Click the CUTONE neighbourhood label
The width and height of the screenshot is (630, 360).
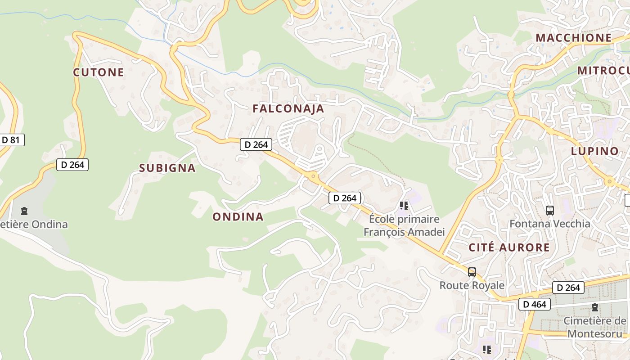[x=99, y=72]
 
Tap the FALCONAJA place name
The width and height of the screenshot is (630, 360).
[x=288, y=108]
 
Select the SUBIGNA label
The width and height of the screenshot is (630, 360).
[x=167, y=168]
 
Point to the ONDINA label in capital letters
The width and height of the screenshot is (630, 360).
[x=238, y=217]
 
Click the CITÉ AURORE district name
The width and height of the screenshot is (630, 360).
[x=509, y=247]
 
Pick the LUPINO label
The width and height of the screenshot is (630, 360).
[x=595, y=151]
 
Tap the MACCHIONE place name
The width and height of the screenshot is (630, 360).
[x=574, y=38]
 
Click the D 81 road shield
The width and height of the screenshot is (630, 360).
[x=11, y=140]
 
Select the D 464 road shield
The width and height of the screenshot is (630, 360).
[x=535, y=304]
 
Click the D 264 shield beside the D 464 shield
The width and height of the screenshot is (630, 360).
[x=568, y=288]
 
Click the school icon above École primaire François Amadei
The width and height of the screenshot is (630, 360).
[x=404, y=206]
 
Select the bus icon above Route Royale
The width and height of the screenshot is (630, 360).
[x=472, y=272]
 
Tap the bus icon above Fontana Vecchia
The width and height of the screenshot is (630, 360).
[x=549, y=210]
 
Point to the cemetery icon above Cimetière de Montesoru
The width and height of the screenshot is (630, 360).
[x=595, y=308]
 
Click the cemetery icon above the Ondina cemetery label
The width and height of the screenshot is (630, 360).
[x=24, y=211]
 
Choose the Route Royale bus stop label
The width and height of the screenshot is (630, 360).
[x=472, y=285]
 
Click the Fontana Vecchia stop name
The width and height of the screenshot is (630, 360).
[x=549, y=224]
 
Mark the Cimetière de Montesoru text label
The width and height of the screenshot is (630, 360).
[x=595, y=327]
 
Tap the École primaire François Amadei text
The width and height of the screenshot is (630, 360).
[x=404, y=225]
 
